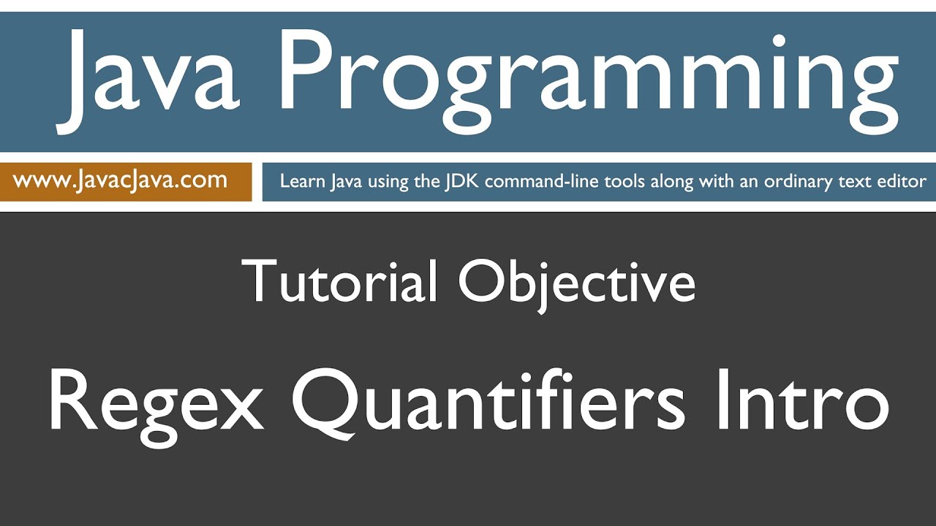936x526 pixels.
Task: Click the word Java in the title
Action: [x=150, y=79]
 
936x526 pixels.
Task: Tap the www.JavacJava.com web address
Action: [x=121, y=180]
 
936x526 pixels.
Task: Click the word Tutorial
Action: [x=339, y=281]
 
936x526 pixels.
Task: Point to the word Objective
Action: [x=576, y=281]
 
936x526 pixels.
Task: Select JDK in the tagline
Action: [x=461, y=181]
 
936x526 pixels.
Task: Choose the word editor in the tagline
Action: [x=902, y=181]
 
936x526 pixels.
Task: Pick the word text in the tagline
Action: [x=856, y=181]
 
